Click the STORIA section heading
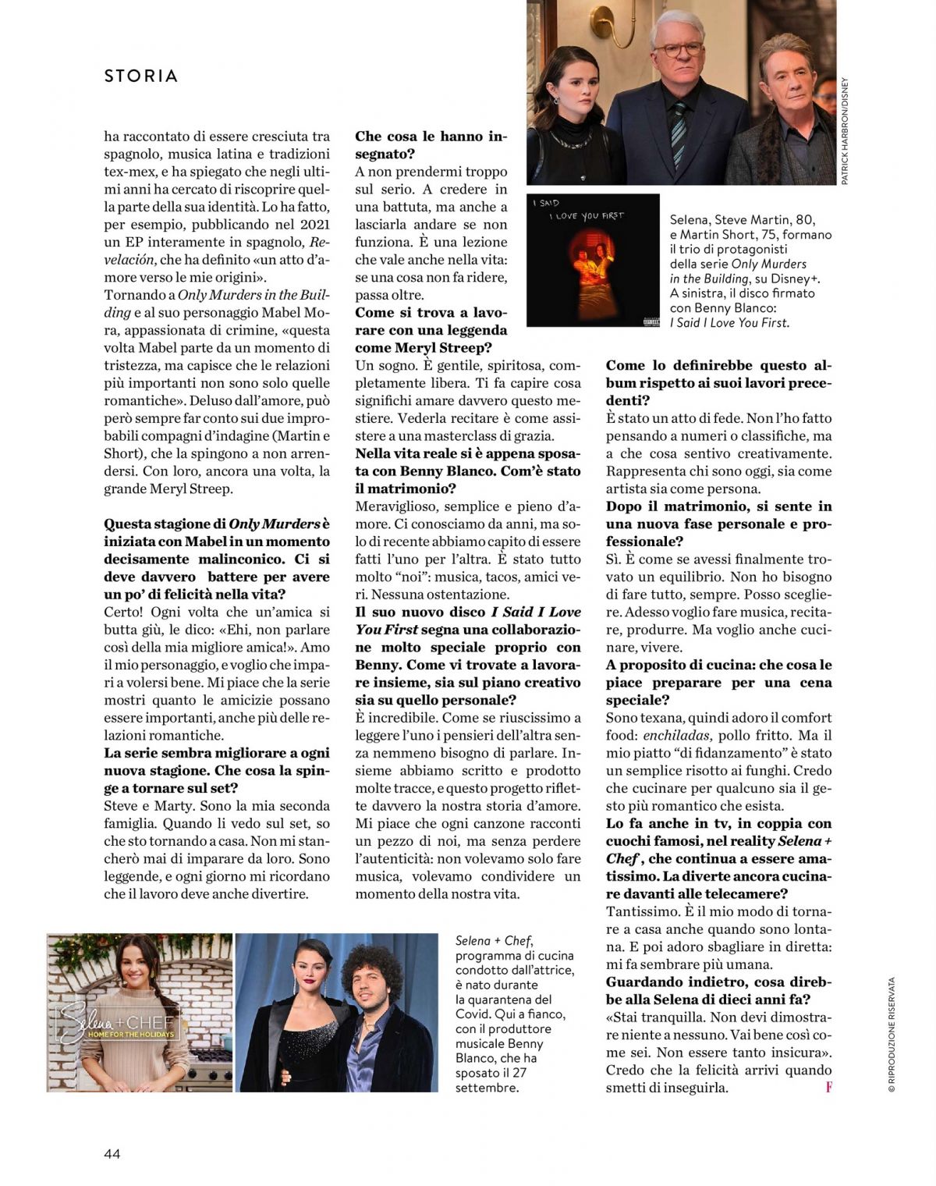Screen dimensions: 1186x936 pos(141,76)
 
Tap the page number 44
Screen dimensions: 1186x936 pos(112,1153)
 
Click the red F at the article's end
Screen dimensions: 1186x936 pos(828,1087)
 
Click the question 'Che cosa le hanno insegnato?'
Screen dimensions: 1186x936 pos(431,145)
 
